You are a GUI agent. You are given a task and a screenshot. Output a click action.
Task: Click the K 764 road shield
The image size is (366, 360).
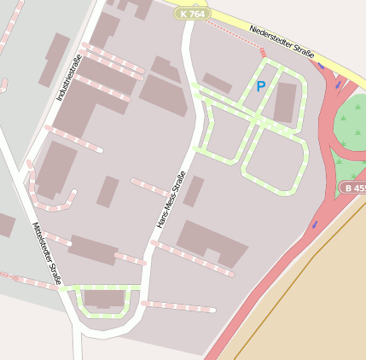click(x=192, y=14)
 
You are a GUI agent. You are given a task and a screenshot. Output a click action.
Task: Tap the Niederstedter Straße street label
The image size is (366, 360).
click(x=282, y=41)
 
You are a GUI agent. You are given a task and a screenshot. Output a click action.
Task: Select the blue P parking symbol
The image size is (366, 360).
click(x=261, y=85)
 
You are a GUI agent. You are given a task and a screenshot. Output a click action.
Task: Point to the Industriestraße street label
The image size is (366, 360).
click(x=67, y=84)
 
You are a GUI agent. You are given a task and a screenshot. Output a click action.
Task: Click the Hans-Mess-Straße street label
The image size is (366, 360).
click(x=171, y=200)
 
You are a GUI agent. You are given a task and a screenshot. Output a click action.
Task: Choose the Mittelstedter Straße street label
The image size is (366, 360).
click(x=48, y=253)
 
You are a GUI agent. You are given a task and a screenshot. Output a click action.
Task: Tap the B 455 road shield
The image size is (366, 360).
click(x=353, y=187)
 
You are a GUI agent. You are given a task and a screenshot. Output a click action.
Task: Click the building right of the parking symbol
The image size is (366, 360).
click(x=285, y=102)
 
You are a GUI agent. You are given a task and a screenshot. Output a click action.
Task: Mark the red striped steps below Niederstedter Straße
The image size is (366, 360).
click(x=263, y=53)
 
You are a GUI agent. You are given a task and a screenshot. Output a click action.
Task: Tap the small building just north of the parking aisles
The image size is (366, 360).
click(x=217, y=83)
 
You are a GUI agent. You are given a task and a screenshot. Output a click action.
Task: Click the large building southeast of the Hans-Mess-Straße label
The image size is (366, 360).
click(x=211, y=243)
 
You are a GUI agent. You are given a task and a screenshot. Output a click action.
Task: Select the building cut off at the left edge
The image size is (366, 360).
click(x=5, y=225)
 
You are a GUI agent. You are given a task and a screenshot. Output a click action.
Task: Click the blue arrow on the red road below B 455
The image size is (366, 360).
click(x=315, y=224)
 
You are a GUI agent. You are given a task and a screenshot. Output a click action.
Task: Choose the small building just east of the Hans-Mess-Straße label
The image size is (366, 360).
click(x=194, y=191)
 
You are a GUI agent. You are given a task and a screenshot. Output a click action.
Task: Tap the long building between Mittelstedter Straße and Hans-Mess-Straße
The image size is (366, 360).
click(x=93, y=249)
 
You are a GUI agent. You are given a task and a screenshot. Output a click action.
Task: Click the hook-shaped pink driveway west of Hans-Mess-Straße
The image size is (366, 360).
click(x=51, y=206)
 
